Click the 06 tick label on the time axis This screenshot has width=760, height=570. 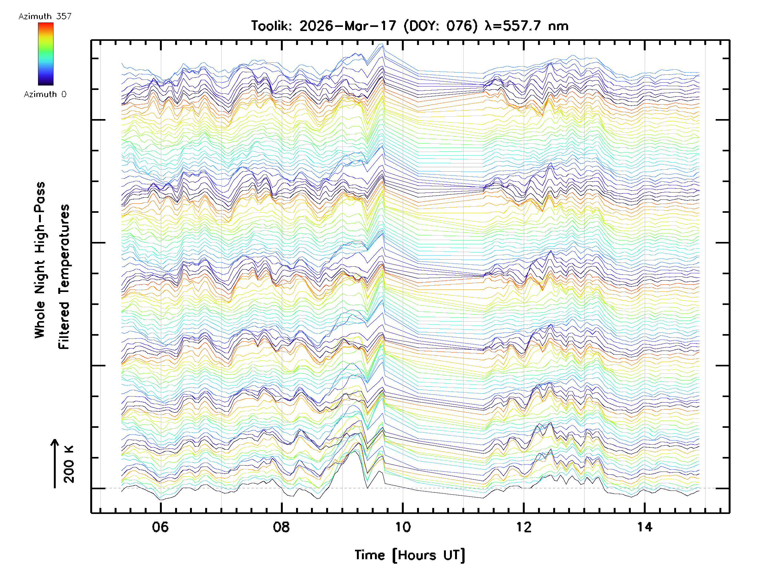coord(161,527)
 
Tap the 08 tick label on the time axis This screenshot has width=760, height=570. coord(282,527)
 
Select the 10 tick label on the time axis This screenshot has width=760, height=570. coord(403,527)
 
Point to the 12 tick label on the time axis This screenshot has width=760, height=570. coord(524,527)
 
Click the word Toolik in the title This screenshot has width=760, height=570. coord(271,26)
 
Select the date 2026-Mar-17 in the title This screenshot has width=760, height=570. coord(348,26)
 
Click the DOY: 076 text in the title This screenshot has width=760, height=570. coord(440,26)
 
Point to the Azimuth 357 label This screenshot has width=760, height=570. coord(45,16)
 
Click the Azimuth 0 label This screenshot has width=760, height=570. coord(45,94)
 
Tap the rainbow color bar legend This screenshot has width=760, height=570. coord(46,54)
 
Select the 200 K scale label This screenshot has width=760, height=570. coord(69,464)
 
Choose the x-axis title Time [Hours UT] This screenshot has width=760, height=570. coord(409,555)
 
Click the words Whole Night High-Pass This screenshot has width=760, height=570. coord(40,260)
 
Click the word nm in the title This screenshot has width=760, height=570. coord(559,26)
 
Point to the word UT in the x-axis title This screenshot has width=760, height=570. coord(453,555)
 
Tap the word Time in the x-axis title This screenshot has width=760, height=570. coord(370,555)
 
